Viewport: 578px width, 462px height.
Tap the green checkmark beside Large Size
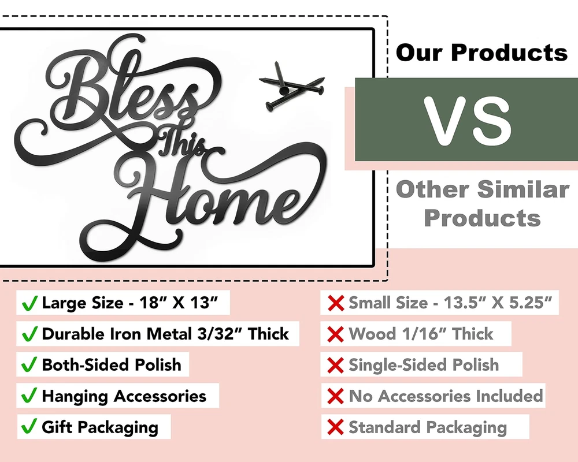tap(29, 303)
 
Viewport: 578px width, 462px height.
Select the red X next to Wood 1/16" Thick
tap(335, 334)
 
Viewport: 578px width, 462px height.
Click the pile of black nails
tap(292, 87)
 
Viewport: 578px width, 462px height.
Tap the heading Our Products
tap(481, 53)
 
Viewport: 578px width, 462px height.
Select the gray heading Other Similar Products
tap(482, 203)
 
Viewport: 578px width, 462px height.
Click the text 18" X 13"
tap(179, 303)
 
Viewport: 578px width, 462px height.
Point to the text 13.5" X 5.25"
tap(498, 303)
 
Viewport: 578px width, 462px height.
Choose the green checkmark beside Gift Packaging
tap(29, 426)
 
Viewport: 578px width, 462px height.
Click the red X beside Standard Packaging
tap(335, 427)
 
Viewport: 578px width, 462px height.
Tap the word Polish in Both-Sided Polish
tap(158, 365)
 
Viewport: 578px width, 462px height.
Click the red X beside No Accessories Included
tap(335, 396)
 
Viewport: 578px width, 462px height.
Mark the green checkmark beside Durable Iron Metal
tap(29, 334)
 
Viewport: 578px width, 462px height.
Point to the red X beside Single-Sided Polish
tap(335, 365)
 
